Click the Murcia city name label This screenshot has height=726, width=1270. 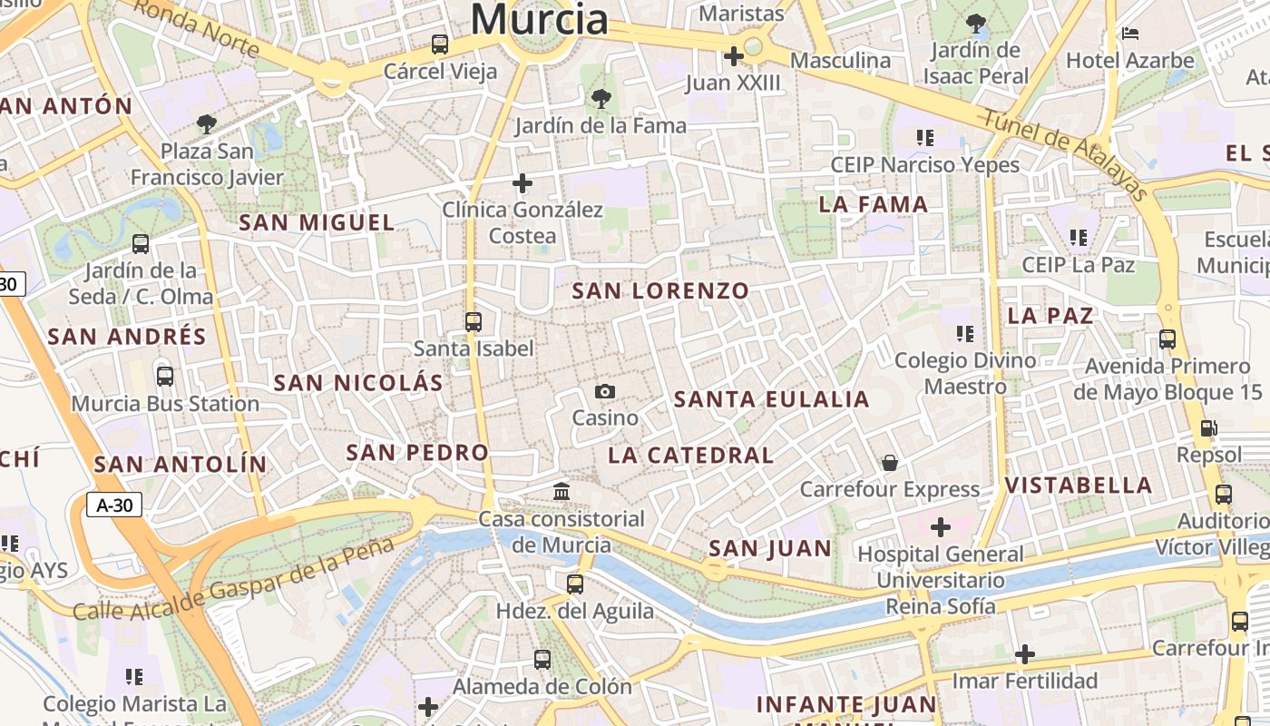(x=540, y=18)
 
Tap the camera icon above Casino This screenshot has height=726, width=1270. (x=605, y=391)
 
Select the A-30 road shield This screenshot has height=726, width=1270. (x=114, y=505)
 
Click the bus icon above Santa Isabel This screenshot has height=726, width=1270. (x=473, y=321)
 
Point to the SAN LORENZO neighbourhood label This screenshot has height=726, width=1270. (x=661, y=291)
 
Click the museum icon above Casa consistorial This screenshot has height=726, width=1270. (x=562, y=492)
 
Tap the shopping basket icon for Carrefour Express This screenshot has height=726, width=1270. (x=890, y=463)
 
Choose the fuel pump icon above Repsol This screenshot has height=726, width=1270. (x=1208, y=428)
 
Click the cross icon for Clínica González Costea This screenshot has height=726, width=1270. (x=523, y=183)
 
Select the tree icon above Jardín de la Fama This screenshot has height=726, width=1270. (x=601, y=99)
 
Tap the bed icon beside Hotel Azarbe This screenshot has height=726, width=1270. (x=1130, y=34)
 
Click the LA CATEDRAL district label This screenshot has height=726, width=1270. (x=691, y=456)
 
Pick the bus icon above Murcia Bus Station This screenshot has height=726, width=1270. (x=165, y=376)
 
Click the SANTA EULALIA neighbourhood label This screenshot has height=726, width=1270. (x=772, y=399)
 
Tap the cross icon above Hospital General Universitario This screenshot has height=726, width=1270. (x=941, y=526)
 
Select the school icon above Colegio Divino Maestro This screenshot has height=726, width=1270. (x=964, y=333)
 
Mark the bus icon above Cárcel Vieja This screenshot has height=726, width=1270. (x=440, y=44)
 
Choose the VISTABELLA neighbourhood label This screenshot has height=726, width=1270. (x=1079, y=486)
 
